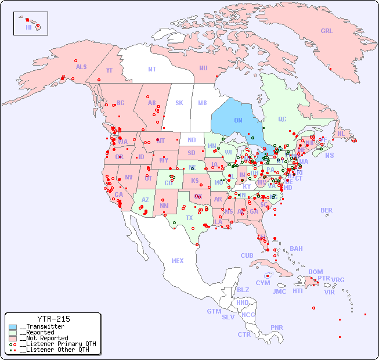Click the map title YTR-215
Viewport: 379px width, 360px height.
53,319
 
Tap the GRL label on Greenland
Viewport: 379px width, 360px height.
327,31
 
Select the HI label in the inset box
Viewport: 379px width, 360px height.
28,27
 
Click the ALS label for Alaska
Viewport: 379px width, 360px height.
81,67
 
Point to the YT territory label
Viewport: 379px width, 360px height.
109,70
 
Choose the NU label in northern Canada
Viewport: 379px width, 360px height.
203,68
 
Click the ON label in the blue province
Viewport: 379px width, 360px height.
238,120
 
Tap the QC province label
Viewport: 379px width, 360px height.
282,119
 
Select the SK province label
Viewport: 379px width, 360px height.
179,103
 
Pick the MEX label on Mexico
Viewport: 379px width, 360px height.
178,261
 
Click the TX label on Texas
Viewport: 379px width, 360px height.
189,218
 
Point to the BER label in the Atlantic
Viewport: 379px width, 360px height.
326,210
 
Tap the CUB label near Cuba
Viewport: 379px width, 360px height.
247,255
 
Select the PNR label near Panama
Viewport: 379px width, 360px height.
277,327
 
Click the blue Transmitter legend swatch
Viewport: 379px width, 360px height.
12,327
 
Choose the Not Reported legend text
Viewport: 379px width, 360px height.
44,338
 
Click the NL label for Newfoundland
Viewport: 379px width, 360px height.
341,134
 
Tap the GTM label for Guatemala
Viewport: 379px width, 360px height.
214,311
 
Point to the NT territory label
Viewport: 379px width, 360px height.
152,69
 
